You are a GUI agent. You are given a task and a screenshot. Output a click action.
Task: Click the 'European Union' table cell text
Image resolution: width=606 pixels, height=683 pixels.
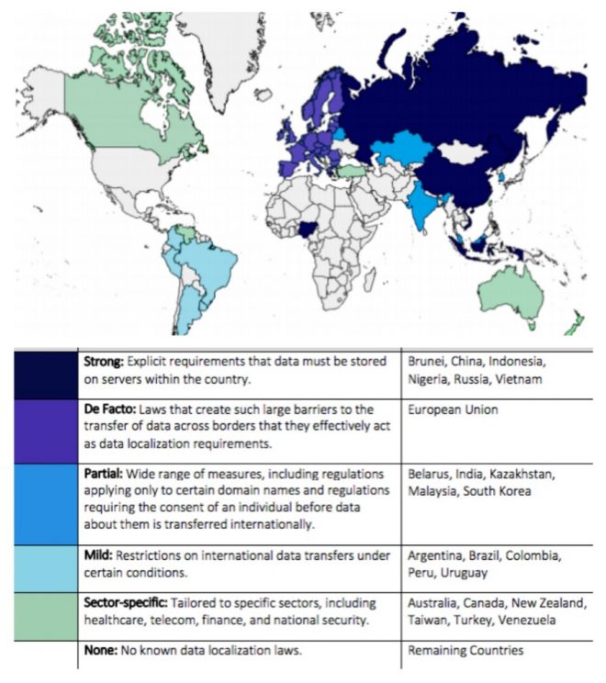click(454, 409)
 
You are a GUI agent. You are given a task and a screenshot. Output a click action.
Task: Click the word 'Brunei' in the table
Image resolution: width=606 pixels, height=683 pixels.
click(430, 362)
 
